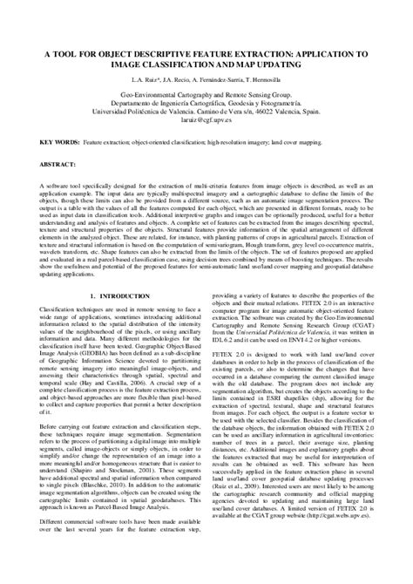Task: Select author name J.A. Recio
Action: (x=179, y=78)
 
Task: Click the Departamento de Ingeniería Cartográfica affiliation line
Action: (x=206, y=99)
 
